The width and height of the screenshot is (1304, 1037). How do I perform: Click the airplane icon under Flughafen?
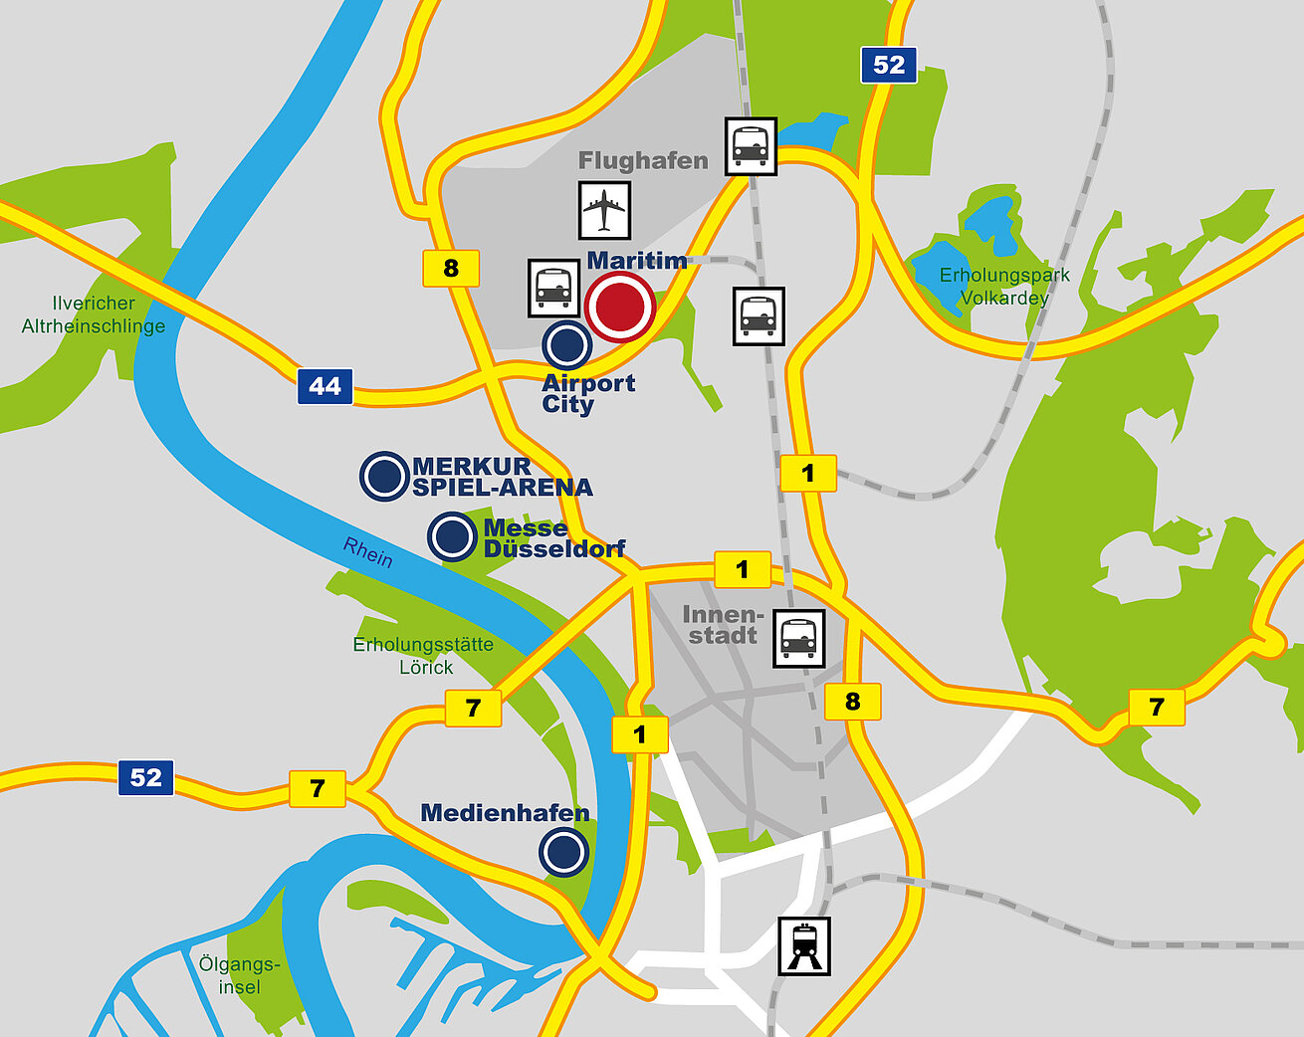click(x=604, y=210)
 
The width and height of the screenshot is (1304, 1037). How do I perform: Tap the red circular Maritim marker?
click(x=620, y=308)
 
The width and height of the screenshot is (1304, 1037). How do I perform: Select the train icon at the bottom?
click(x=803, y=945)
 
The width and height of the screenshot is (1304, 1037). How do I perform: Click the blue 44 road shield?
click(x=325, y=386)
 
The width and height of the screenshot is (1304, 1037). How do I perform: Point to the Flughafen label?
click(x=643, y=160)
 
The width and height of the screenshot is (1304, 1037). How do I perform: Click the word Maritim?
click(x=637, y=261)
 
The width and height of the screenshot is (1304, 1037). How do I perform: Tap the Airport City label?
click(x=588, y=394)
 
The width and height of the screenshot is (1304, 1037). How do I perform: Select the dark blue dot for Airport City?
click(x=567, y=345)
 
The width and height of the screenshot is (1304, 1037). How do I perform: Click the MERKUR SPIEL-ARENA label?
click(x=502, y=477)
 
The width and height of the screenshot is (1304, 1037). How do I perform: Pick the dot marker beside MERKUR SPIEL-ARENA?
click(x=384, y=476)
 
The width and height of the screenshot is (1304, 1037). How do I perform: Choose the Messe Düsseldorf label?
click(x=553, y=538)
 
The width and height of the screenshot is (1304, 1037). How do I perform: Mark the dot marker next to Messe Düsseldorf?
click(x=452, y=537)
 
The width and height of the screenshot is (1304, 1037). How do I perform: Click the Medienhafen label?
click(x=505, y=813)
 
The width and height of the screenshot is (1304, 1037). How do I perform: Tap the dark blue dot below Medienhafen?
click(x=563, y=853)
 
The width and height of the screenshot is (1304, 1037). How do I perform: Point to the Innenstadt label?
click(x=723, y=625)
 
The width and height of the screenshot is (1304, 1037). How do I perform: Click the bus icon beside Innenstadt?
click(x=799, y=638)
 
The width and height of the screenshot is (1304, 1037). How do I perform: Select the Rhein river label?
click(x=368, y=551)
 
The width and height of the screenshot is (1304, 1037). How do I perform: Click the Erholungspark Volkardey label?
click(x=1004, y=287)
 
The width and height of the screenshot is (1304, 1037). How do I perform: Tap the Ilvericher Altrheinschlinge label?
click(x=94, y=314)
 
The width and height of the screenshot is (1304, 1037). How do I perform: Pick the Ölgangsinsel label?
click(x=239, y=975)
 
